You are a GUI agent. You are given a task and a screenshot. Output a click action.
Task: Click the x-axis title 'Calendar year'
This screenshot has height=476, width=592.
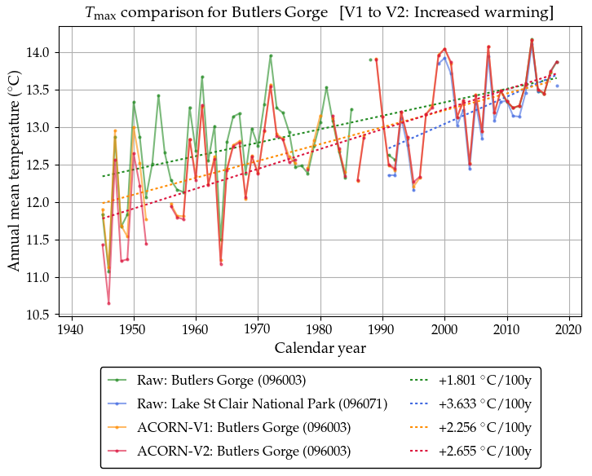pyautogui.click(x=320, y=348)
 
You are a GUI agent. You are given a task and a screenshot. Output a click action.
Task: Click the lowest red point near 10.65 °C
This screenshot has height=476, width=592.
pyautogui.click(x=108, y=303)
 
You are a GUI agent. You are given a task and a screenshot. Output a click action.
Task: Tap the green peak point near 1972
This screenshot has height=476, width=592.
pyautogui.click(x=271, y=56)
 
